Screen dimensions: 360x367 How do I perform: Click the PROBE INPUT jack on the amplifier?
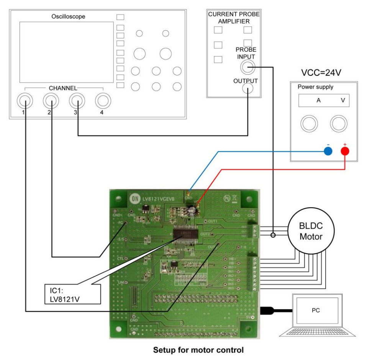pos(247,68)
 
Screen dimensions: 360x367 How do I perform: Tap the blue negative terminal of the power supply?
pos(328,151)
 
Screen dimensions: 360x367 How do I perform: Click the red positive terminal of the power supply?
pos(345,151)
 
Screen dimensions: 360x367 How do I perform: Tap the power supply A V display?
pos(324,101)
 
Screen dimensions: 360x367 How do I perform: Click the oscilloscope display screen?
pos(66,52)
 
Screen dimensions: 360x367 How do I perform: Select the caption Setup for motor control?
pos(198,350)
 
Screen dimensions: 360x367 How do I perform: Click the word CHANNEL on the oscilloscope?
pos(63,88)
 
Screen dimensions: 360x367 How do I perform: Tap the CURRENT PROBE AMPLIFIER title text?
pos(234,18)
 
